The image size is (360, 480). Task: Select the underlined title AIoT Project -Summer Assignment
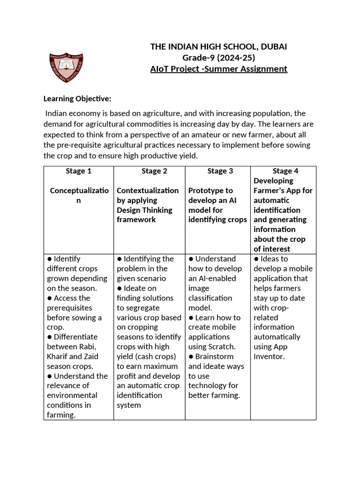coord(218,69)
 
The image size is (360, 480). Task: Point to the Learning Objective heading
coord(77,98)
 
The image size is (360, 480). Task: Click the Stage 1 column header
coord(79,171)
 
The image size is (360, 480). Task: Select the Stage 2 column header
coord(154,171)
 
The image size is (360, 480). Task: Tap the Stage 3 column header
coord(220,171)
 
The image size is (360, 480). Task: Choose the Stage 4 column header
coord(285,171)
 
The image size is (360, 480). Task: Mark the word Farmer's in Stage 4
coord(270,190)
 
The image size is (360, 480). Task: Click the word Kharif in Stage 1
coord(59,356)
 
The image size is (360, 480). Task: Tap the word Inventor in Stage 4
coord(269,356)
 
